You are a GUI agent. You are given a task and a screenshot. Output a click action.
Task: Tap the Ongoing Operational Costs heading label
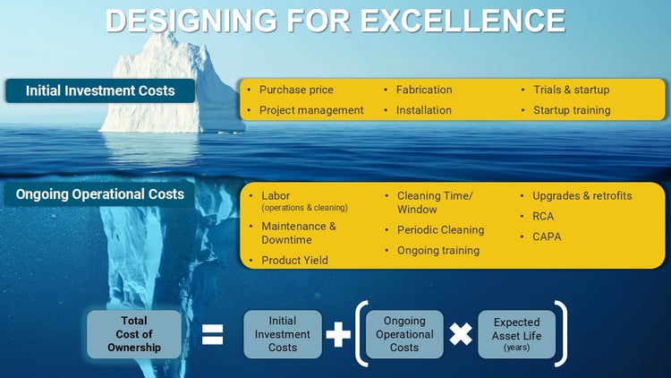pos(100,194)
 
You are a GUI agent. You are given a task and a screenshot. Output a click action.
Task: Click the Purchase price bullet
pos(296,90)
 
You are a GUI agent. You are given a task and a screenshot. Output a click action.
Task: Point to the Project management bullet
pos(311,110)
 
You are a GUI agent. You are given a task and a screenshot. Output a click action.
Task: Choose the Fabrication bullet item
pos(424,90)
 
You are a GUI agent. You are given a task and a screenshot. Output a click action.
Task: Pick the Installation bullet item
pos(423,110)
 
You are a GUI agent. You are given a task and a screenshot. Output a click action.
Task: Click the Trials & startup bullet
pos(571,90)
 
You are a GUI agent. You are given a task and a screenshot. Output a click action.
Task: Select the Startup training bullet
pos(572,110)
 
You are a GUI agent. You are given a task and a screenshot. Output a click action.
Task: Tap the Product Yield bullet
pos(294,260)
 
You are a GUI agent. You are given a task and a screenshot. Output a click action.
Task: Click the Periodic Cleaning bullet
pos(440,229)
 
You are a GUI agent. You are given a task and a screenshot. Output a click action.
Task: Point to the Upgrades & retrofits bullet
pos(582,195)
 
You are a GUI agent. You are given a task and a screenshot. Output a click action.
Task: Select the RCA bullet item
pos(544,216)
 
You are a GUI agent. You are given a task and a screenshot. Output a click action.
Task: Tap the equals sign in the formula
pos(213,335)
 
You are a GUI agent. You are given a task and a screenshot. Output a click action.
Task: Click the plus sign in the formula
pos(337,335)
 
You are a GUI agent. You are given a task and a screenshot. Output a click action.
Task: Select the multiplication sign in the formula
pos(460,335)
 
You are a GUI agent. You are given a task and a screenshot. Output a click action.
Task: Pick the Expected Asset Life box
pos(516,334)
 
